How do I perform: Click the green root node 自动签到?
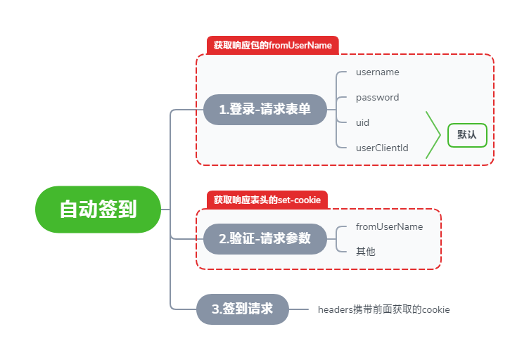(98, 210)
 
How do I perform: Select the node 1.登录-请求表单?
(265, 110)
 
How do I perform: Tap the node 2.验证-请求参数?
(265, 238)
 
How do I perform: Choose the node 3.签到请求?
(243, 309)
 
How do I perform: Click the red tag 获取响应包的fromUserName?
(273, 45)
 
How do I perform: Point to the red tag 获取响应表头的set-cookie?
(267, 200)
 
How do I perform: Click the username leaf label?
(378, 72)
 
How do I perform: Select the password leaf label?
(378, 97)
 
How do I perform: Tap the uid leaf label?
(363, 122)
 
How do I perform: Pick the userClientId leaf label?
(382, 148)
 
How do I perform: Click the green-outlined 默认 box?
(467, 135)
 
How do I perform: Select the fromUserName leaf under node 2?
(389, 226)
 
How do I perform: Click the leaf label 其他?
(366, 251)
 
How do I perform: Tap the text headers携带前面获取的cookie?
(383, 309)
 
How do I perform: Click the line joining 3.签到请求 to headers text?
(299, 309)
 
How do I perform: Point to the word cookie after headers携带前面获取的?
(436, 309)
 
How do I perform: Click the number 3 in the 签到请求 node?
(216, 309)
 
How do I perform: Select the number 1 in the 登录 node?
(222, 110)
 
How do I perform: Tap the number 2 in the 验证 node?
(223, 238)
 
